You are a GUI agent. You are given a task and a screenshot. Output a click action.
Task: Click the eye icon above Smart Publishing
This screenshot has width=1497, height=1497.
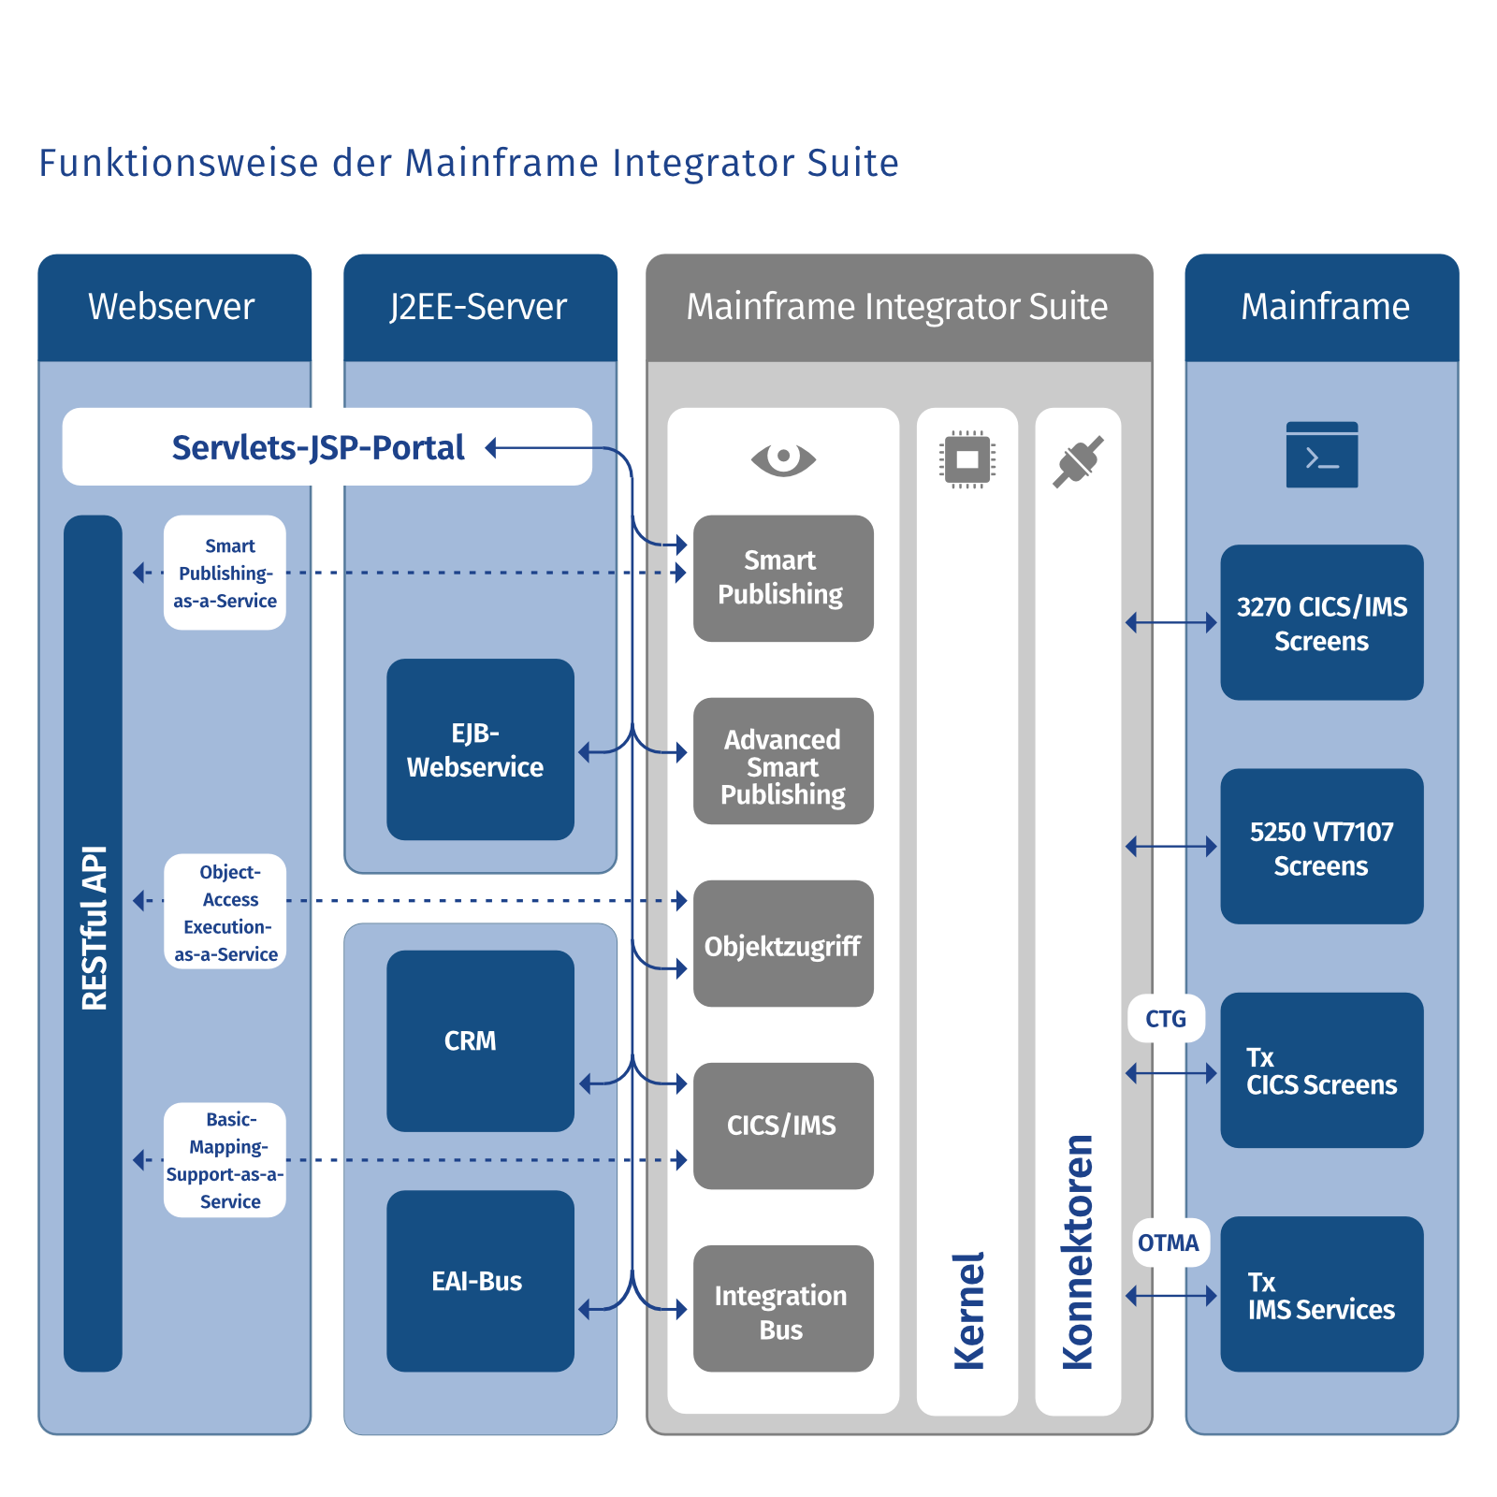(x=783, y=458)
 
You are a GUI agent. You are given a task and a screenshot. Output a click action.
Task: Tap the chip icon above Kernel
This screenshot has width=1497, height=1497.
(x=967, y=459)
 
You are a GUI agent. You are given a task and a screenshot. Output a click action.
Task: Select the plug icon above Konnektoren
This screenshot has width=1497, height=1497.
(x=1078, y=461)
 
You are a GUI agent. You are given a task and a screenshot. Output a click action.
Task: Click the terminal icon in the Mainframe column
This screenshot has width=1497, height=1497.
(x=1321, y=456)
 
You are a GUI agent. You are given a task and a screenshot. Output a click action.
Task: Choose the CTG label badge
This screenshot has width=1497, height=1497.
(x=1166, y=1019)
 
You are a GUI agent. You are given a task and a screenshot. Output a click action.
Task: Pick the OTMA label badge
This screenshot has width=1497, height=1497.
(x=1169, y=1243)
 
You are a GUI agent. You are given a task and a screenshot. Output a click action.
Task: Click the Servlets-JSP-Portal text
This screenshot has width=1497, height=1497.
(x=318, y=447)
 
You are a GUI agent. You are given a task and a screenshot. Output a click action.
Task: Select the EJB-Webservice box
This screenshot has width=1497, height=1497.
(x=480, y=749)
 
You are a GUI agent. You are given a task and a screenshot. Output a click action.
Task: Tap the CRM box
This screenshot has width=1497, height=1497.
(x=480, y=1040)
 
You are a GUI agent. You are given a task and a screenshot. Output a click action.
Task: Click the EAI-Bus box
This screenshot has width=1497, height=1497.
(x=480, y=1281)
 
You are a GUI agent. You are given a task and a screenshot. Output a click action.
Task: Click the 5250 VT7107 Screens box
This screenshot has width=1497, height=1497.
(x=1321, y=847)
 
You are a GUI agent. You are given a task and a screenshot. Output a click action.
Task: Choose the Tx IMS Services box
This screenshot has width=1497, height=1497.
(x=1321, y=1295)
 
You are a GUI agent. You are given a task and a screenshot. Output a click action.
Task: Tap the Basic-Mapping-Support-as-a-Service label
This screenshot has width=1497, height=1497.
(x=225, y=1160)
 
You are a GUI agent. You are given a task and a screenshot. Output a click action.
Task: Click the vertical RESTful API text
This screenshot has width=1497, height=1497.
(x=94, y=928)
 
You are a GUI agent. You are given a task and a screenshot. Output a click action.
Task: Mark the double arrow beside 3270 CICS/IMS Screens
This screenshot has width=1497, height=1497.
(x=1171, y=622)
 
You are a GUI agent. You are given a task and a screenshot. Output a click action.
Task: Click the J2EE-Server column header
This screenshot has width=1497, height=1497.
(x=479, y=307)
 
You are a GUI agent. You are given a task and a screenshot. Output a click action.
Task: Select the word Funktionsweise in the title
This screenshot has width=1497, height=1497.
(x=179, y=163)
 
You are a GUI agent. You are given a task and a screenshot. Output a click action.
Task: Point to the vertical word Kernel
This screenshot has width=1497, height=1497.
(x=968, y=1311)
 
